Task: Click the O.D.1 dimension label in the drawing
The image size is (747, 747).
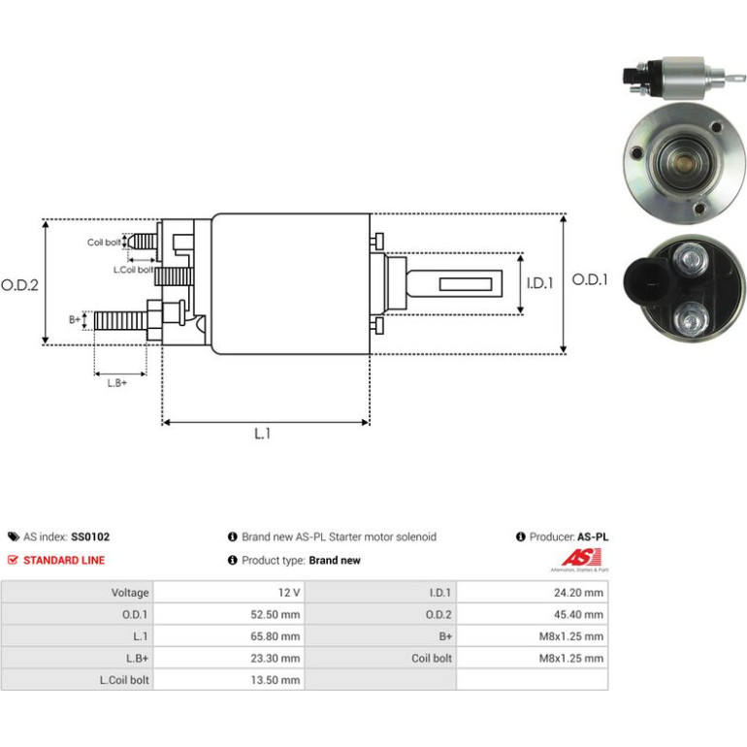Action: click(x=590, y=279)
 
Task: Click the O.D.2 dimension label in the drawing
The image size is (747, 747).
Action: click(x=19, y=285)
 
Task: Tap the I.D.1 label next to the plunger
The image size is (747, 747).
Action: click(x=539, y=283)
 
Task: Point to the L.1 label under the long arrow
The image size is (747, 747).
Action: click(x=263, y=434)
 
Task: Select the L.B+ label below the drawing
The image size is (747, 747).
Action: click(x=117, y=383)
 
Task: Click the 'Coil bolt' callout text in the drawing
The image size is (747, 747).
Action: click(x=104, y=243)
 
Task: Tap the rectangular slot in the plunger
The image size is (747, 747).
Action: click(x=466, y=284)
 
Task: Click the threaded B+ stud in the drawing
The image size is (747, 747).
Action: click(x=120, y=321)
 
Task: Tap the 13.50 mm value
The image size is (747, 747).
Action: click(x=276, y=680)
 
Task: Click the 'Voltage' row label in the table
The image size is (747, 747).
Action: click(x=130, y=593)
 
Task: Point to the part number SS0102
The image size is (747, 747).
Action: click(x=90, y=536)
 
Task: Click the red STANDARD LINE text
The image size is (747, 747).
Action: click(x=64, y=561)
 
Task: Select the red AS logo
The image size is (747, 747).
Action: click(x=580, y=558)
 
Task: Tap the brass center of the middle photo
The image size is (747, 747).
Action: click(x=684, y=162)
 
